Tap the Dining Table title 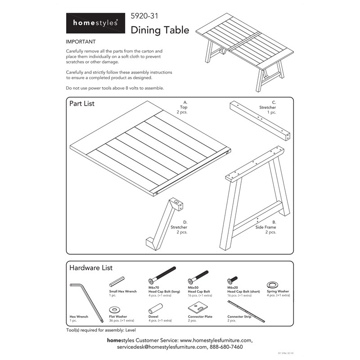coord(160,30)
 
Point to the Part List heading coord(82,103)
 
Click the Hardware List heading coord(90,268)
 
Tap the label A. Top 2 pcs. coord(183,108)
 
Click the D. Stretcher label coord(179,227)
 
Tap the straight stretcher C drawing coord(260,121)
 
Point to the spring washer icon coord(272,284)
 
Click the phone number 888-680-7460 coord(224,347)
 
